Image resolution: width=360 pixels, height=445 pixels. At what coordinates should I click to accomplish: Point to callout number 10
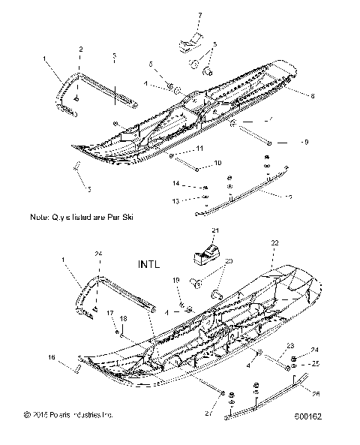click(x=217, y=162)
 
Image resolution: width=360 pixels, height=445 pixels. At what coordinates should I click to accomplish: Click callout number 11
click(x=200, y=150)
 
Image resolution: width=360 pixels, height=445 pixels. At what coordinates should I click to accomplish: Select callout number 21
click(x=214, y=230)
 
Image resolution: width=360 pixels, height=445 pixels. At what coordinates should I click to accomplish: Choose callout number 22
click(x=274, y=244)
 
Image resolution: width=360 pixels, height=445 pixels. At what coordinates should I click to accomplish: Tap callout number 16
click(x=52, y=356)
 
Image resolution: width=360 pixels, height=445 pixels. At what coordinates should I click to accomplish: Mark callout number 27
click(x=208, y=413)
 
